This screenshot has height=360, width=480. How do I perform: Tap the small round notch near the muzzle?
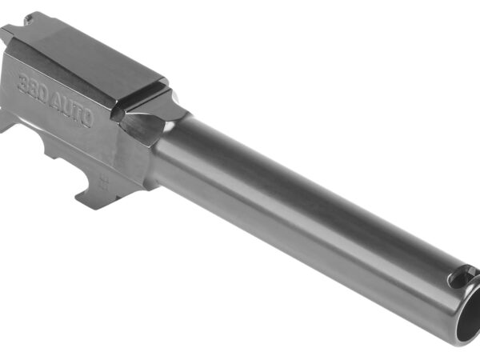coord(460,278)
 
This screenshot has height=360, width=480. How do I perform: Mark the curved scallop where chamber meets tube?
coord(148,128)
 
